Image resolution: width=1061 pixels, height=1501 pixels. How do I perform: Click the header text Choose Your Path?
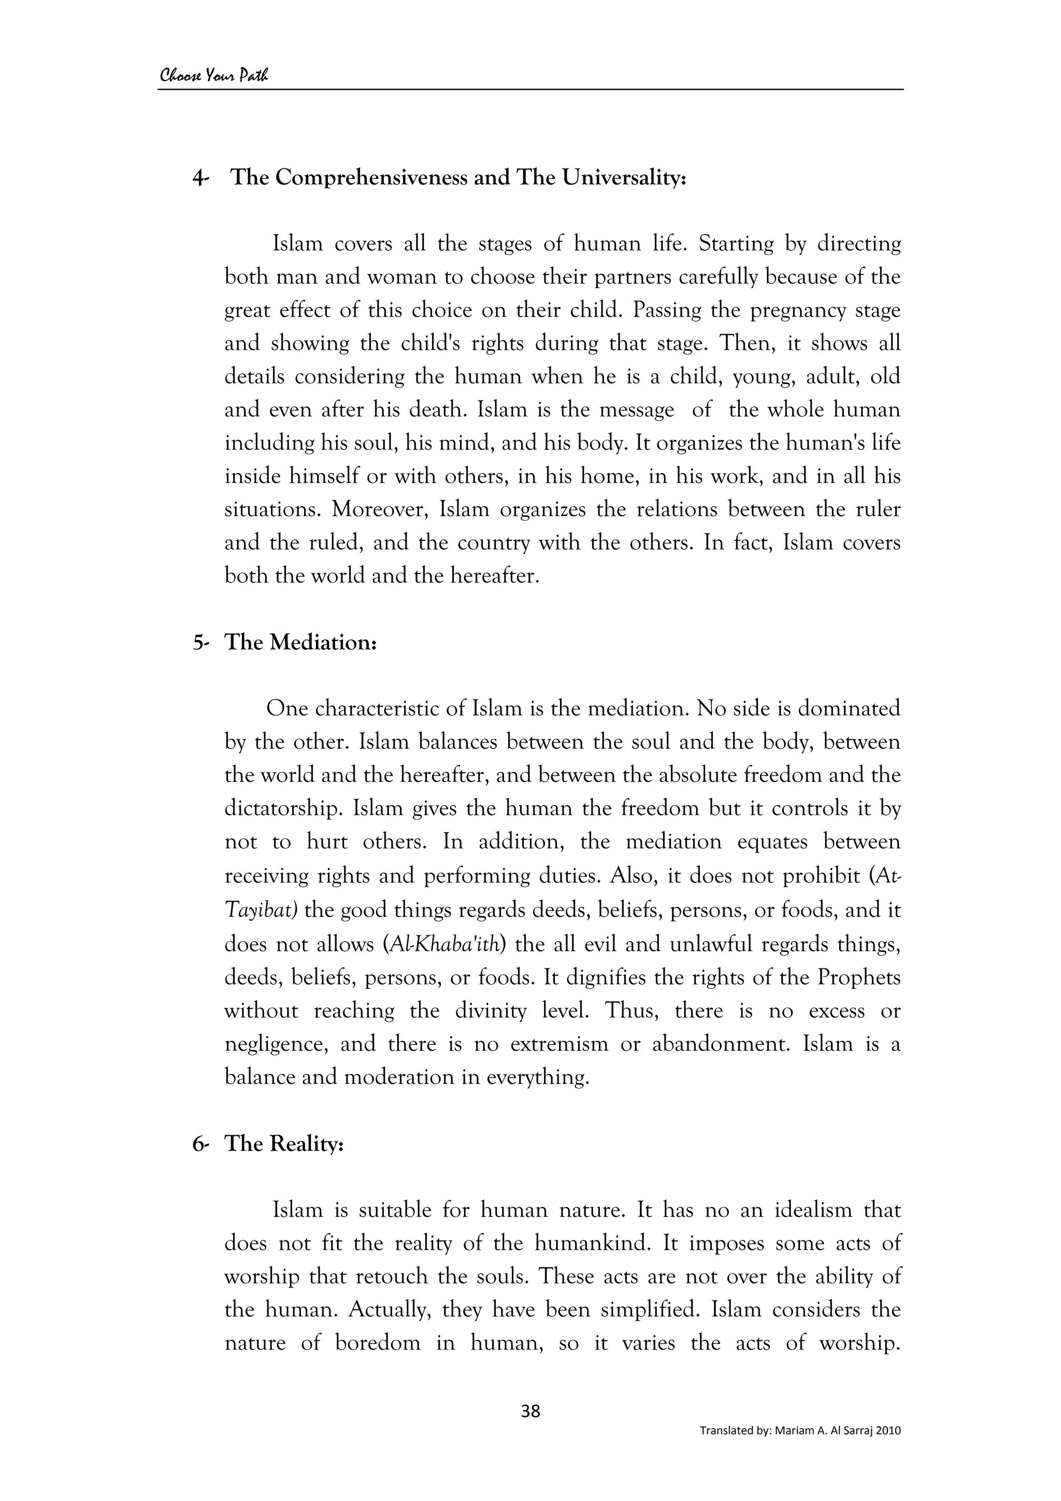[214, 76]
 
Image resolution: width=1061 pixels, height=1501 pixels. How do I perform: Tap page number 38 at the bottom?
[530, 1411]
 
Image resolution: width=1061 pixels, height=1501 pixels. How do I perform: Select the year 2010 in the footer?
[888, 1449]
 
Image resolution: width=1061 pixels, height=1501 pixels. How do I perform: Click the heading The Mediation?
[300, 642]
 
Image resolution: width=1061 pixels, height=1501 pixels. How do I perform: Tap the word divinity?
[490, 1011]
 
